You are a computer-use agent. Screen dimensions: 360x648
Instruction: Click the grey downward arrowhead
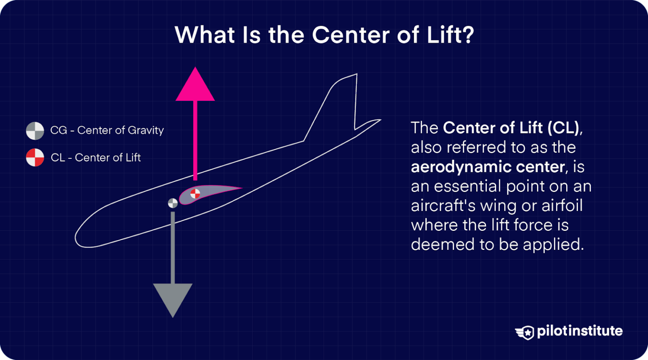coord(173,297)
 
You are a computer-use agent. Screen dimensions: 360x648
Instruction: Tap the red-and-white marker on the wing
coord(195,194)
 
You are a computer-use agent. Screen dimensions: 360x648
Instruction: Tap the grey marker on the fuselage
coord(173,203)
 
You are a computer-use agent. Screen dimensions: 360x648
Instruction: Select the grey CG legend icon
coord(35,131)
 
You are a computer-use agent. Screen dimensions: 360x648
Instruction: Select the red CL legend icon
coord(35,157)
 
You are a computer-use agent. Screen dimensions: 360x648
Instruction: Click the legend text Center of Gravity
coord(120,130)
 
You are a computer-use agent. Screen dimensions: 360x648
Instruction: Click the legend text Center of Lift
coord(108,158)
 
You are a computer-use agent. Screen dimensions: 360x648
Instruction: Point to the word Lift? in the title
coord(450,35)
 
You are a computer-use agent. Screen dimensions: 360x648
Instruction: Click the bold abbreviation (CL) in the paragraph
coord(563,128)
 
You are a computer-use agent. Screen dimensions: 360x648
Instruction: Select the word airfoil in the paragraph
coord(562,206)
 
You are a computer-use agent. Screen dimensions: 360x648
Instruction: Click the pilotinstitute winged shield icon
coord(525,332)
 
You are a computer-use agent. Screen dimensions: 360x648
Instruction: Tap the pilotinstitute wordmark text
coord(580,331)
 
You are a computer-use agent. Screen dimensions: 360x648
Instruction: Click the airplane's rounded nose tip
coord(78,238)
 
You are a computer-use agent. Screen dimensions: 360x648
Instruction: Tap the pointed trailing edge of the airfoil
coord(241,188)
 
